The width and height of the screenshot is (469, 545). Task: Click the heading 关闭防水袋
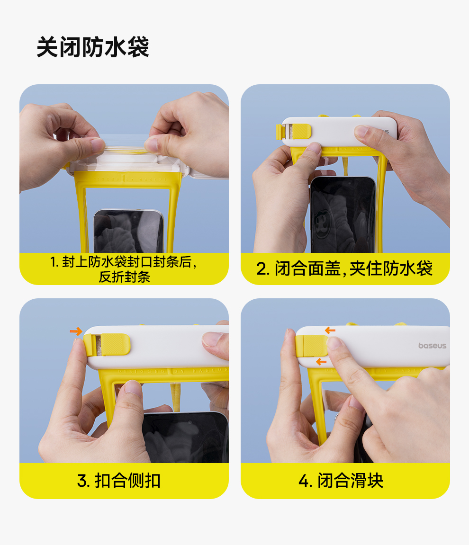93,47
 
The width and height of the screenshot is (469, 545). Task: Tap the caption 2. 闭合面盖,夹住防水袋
344,268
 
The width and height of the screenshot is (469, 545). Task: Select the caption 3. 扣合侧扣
119,481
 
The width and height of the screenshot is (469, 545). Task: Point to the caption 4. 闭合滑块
341,481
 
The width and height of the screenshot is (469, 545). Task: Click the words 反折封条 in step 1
125,277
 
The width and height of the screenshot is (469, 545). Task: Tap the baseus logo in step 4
432,346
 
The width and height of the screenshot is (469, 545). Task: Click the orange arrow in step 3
76,331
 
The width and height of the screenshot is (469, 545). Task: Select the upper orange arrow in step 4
330,330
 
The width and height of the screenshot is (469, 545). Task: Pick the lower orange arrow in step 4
321,362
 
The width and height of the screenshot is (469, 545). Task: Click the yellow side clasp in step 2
294,132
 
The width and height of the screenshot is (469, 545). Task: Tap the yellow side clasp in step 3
107,344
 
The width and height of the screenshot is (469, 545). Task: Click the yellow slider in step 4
312,346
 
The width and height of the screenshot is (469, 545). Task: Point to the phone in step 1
129,231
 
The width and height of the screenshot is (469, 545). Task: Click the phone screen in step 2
343,215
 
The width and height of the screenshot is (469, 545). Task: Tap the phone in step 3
186,437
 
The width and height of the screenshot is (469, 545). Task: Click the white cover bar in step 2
340,132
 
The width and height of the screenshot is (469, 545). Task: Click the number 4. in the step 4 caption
306,481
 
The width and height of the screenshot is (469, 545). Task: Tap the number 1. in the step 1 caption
54,262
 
